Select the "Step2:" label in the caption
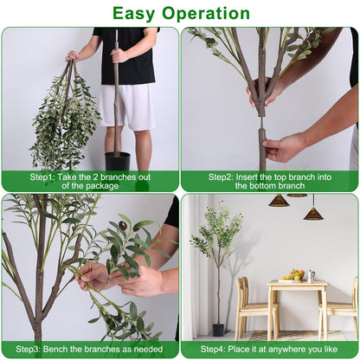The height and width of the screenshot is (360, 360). pos(223,176)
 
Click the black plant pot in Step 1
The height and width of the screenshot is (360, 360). pos(118,161)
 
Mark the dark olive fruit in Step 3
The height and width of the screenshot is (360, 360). pos(123,226)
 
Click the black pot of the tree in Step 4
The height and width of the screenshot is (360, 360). pos(218,330)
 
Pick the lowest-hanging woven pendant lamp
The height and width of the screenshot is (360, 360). pos(313,213)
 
